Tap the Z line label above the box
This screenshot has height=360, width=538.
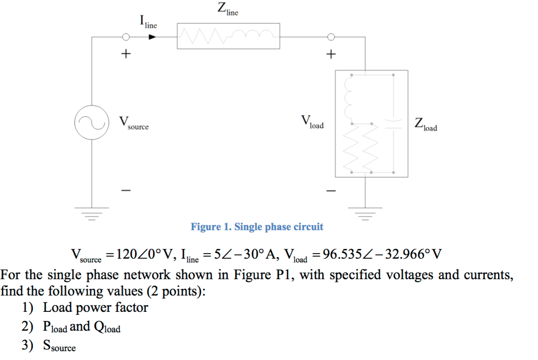228,9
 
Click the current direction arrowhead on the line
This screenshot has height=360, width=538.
153,37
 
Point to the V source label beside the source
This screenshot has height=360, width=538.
133,123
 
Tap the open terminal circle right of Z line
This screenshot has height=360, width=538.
331,37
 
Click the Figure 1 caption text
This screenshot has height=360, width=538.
257,227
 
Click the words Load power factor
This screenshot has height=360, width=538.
95,308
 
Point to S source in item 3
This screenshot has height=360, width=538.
59,346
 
